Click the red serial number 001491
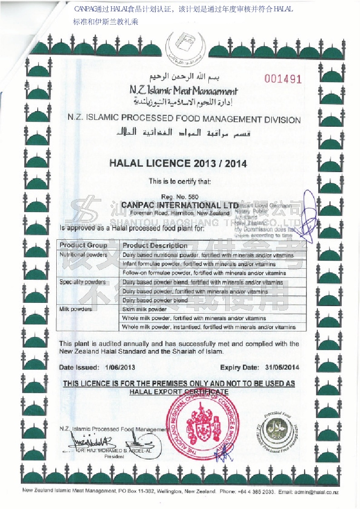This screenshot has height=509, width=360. [283, 79]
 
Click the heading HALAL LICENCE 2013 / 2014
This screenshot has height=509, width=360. [178, 163]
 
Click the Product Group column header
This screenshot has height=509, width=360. [83, 245]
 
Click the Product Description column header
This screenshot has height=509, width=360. [155, 245]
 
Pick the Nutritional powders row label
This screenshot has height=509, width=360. [83, 255]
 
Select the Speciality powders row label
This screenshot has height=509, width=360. [83, 282]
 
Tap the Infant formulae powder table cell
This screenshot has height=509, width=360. [199, 264]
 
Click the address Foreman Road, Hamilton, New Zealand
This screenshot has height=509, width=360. [180, 213]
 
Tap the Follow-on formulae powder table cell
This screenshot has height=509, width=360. [204, 273]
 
